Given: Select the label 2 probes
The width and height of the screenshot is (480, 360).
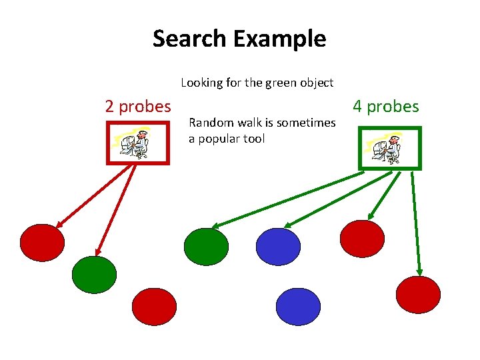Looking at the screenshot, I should coord(138,106).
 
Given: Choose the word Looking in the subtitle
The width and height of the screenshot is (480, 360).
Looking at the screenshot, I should coord(201,83).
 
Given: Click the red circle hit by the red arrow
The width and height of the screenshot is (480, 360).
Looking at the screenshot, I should coord(42,242).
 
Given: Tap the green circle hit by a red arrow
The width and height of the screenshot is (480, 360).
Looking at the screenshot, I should coord(94,275).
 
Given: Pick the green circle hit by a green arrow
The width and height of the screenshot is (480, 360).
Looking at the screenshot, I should coord(206,247).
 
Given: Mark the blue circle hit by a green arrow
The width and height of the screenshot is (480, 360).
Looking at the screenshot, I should coord(279,247).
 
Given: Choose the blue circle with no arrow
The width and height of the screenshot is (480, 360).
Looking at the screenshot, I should coord(298,307).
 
